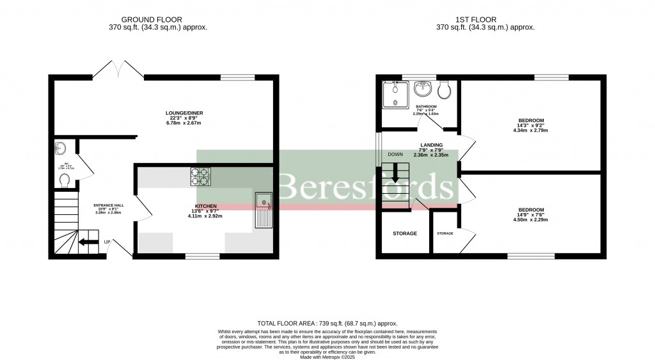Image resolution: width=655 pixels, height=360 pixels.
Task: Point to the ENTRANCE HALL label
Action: tap(108, 205)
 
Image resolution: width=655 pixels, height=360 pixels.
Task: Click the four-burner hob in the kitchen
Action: tap(201, 176)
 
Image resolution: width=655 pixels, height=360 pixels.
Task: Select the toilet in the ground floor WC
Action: tap(63, 182)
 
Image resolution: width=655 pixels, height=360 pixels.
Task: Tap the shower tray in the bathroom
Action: tap(395, 95)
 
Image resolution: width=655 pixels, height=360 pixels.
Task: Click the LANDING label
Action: tap(432, 145)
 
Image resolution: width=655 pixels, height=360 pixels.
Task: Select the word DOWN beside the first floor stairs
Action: tap(395, 155)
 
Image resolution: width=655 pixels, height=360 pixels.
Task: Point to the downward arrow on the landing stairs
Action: tap(395, 173)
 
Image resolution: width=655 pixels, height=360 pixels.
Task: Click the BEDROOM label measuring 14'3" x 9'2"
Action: tap(531, 121)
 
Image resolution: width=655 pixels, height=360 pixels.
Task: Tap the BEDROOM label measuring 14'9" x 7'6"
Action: tap(531, 210)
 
